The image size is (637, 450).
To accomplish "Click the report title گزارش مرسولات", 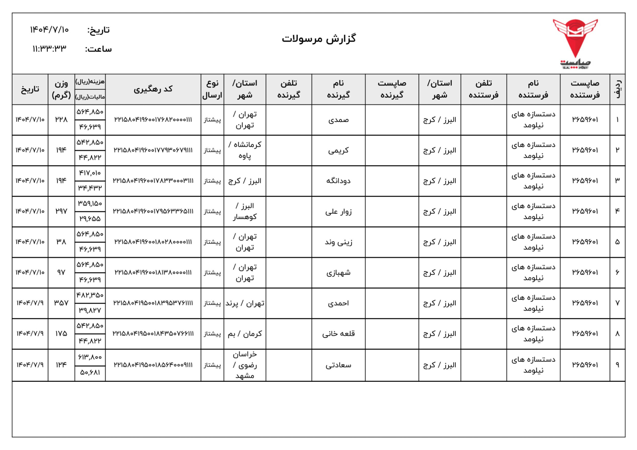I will [x=319, y=39].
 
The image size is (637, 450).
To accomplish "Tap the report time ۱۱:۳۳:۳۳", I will [x=49, y=49].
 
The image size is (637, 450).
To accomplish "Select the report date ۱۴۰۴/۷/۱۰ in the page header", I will [x=49, y=29].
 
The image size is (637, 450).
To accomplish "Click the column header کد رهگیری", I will [x=153, y=89].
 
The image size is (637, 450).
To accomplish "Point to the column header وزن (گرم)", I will [x=61, y=89].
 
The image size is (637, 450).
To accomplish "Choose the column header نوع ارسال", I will [x=212, y=89].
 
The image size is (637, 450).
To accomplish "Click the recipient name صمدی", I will [x=338, y=120].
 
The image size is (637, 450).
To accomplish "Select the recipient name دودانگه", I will [x=338, y=181].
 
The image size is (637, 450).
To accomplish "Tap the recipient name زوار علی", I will [x=338, y=212].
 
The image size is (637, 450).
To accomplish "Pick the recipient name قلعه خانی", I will [x=338, y=334].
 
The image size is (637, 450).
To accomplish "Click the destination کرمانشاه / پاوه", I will [x=245, y=150].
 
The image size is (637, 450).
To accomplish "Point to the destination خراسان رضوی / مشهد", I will [x=245, y=365].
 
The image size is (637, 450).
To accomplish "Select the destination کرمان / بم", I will [x=245, y=334].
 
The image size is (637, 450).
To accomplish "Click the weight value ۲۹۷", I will [x=61, y=211].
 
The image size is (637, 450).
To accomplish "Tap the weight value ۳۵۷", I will [x=61, y=303].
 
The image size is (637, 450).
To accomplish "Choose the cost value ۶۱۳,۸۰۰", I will [x=90, y=357].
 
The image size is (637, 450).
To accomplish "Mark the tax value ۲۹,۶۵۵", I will [x=90, y=219].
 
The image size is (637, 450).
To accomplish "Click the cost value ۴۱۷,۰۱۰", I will [x=90, y=173].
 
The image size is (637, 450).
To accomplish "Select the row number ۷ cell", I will [x=617, y=303].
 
